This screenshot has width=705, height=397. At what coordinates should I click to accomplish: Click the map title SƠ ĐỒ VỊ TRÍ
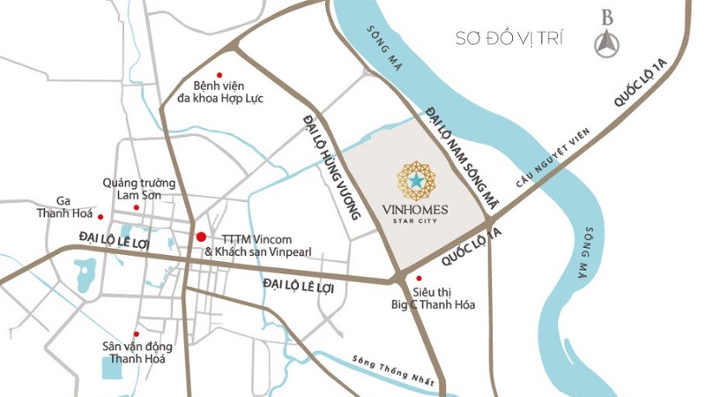(508, 39)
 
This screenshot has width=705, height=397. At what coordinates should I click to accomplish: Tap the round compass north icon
(606, 45)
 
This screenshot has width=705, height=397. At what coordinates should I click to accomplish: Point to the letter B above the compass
(606, 17)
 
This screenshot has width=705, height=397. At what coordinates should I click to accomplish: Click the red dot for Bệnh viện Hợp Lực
(219, 74)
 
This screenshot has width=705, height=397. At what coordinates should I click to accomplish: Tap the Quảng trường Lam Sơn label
(138, 188)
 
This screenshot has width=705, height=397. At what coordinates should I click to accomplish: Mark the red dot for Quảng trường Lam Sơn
(137, 207)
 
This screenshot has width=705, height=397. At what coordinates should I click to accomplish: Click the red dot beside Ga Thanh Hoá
(100, 216)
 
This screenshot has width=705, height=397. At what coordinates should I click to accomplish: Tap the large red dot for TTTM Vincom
(201, 236)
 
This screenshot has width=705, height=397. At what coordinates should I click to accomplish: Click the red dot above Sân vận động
(136, 323)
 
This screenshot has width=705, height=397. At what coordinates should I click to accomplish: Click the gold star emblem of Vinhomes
(416, 181)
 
